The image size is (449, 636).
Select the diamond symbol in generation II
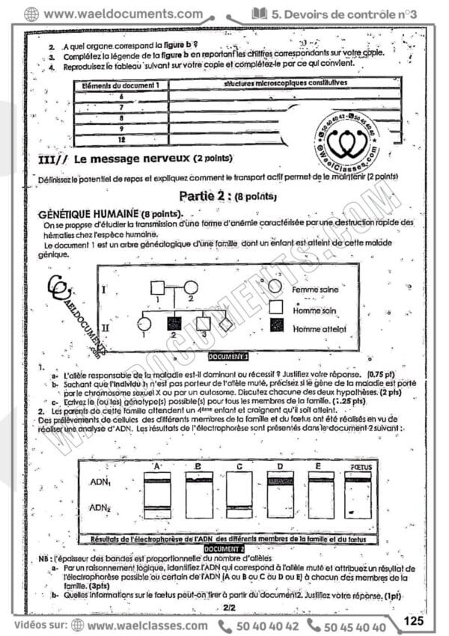[226, 325]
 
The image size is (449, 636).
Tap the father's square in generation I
[159, 287]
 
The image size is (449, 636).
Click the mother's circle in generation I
[191, 287]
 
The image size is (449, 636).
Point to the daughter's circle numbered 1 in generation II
[145, 325]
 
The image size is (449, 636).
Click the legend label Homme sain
[314, 308]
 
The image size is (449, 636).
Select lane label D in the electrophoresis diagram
[279, 467]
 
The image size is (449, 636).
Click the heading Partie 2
[219, 198]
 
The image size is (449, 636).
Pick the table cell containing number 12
[121, 141]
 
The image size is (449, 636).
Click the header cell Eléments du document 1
[121, 86]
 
